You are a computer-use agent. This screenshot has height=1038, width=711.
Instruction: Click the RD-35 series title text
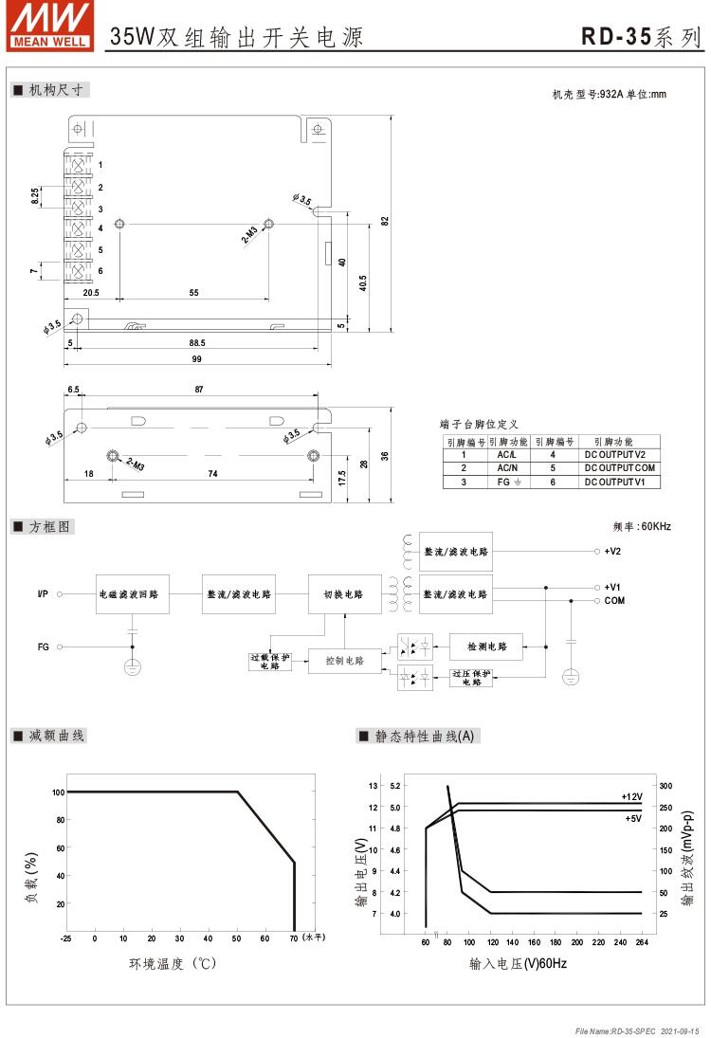click(642, 37)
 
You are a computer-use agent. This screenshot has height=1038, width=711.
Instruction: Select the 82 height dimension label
click(385, 220)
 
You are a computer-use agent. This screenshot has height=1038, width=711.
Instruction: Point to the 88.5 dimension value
click(197, 342)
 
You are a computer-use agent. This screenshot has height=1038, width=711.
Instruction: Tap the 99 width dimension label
click(197, 359)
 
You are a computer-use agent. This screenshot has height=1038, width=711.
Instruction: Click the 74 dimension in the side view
click(212, 473)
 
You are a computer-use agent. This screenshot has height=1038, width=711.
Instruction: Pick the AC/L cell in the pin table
click(506, 455)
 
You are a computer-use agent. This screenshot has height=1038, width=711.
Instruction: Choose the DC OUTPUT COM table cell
click(621, 468)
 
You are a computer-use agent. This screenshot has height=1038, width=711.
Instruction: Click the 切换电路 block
click(343, 594)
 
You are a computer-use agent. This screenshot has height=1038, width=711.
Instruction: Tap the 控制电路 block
click(343, 661)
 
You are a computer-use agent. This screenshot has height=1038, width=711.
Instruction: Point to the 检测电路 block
click(486, 647)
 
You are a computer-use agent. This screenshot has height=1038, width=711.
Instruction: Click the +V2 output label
click(612, 551)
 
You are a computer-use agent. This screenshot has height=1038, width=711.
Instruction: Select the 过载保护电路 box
click(270, 661)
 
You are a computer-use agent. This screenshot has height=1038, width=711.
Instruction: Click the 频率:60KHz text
click(643, 525)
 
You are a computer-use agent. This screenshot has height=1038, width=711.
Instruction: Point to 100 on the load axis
click(58, 791)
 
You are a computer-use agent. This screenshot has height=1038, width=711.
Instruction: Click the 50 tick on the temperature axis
click(237, 938)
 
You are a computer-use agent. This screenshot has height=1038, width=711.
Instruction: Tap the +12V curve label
click(631, 796)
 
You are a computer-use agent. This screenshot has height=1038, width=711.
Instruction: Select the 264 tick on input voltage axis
click(642, 942)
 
